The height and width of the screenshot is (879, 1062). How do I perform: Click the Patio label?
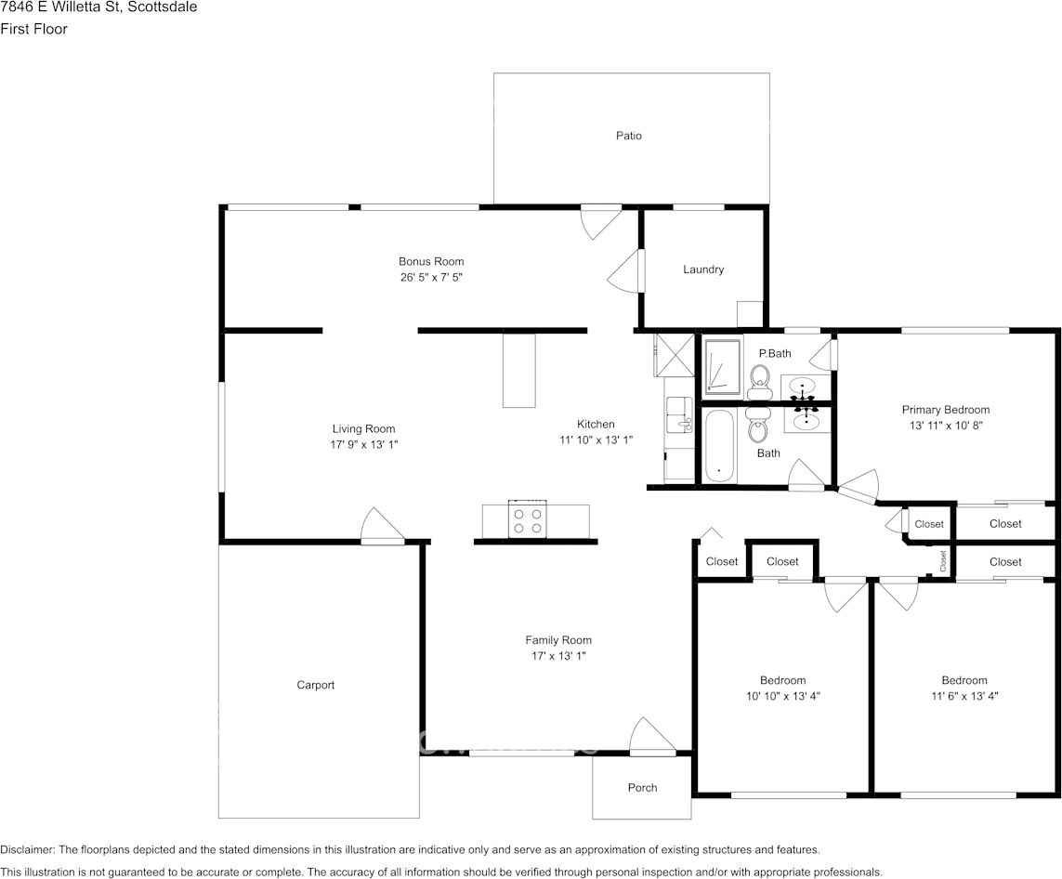click(x=628, y=136)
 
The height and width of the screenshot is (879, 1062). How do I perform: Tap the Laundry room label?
click(x=703, y=269)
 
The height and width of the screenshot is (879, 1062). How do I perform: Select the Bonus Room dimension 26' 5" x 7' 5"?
click(x=431, y=277)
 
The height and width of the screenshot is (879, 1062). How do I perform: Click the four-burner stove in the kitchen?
click(x=528, y=519)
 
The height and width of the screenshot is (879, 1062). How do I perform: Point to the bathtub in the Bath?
click(x=718, y=446)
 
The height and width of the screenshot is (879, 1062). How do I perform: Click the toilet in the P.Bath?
click(x=760, y=382)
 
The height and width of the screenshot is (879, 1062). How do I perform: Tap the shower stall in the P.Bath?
click(x=724, y=366)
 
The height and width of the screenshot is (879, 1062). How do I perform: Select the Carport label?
click(x=316, y=686)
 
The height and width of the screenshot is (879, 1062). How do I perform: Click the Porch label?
click(x=642, y=788)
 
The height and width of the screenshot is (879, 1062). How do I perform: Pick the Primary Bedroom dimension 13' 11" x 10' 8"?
click(x=946, y=426)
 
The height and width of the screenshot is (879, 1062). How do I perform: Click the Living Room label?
click(x=363, y=428)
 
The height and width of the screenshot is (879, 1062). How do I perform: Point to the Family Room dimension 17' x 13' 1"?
click(x=558, y=656)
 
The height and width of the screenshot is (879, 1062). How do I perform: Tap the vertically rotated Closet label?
click(x=942, y=560)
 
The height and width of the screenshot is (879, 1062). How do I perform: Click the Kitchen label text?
click(x=596, y=424)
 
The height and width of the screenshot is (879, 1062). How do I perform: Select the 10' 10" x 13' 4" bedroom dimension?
click(x=783, y=696)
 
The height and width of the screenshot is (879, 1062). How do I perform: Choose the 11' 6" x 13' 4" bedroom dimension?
click(x=964, y=696)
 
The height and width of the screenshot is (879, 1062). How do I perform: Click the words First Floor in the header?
click(x=33, y=29)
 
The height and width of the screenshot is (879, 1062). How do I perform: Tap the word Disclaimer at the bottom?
click(x=28, y=850)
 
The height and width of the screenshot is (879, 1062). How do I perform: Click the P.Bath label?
click(x=775, y=353)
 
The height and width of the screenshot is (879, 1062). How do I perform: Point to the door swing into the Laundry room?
click(x=623, y=272)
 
